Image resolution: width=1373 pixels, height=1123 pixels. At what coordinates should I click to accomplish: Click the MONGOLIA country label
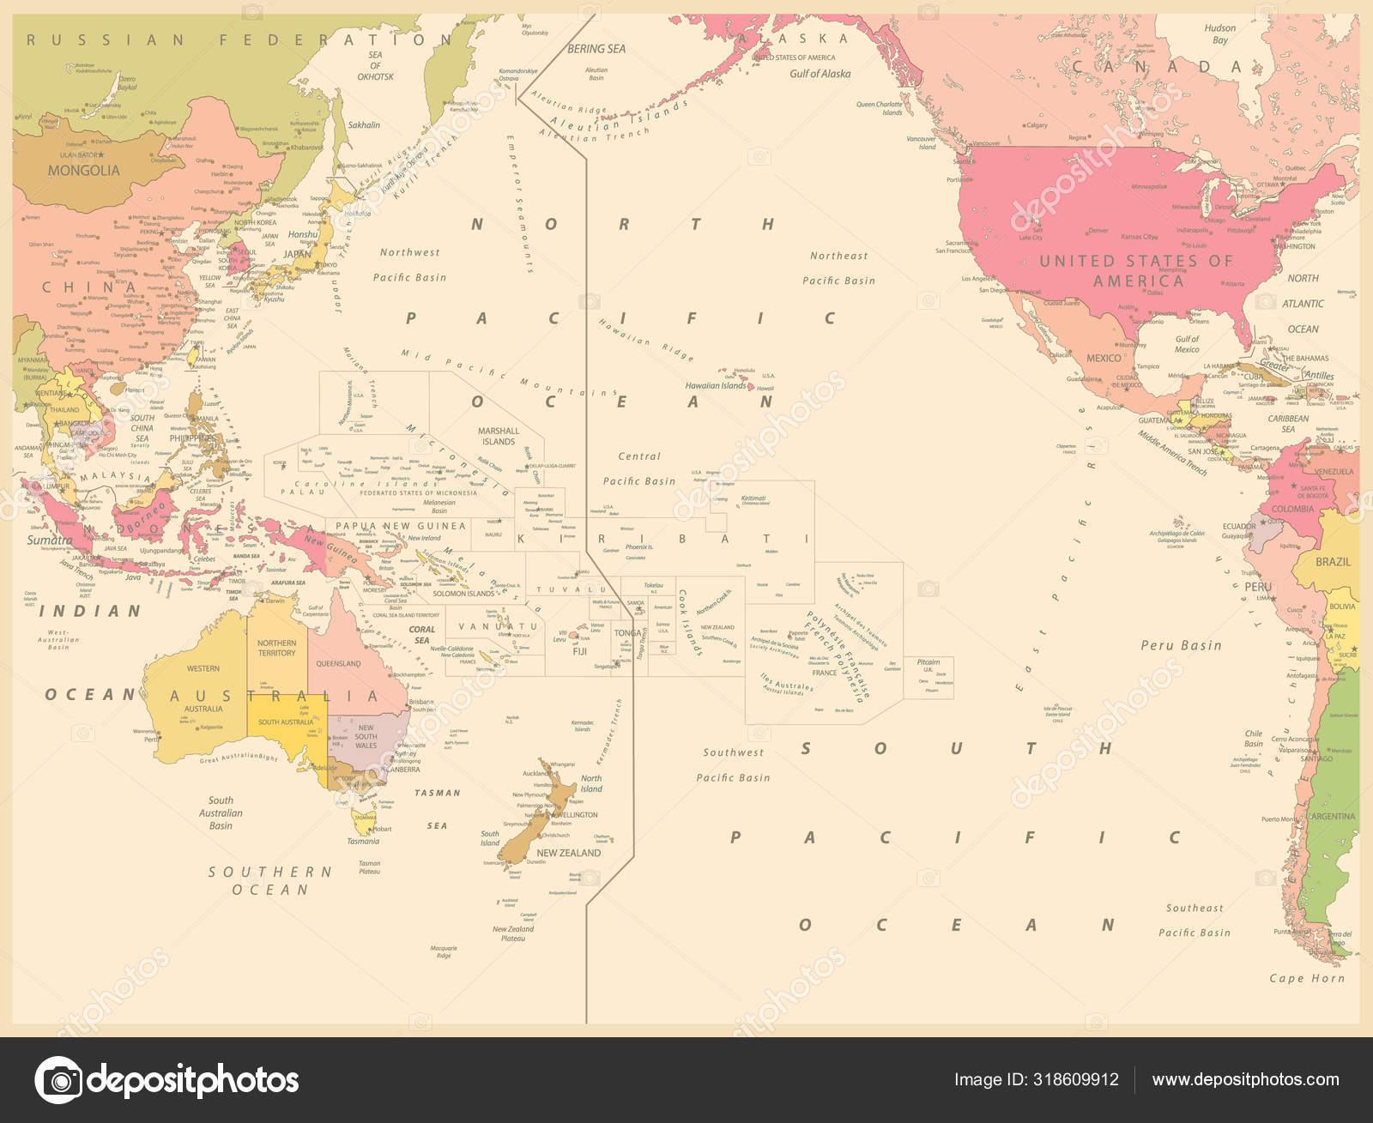[x=83, y=171]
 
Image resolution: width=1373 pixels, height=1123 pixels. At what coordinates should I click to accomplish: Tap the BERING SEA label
[x=596, y=49]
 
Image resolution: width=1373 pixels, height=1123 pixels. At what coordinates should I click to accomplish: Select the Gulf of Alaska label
[x=820, y=74]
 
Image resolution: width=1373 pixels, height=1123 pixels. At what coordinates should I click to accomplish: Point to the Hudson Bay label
[x=1219, y=34]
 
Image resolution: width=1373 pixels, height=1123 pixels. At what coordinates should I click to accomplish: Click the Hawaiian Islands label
[x=716, y=386]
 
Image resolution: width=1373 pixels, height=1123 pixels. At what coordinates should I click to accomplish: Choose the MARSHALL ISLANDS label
[x=499, y=436]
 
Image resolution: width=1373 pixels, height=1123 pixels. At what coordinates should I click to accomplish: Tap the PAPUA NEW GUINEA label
[x=401, y=526]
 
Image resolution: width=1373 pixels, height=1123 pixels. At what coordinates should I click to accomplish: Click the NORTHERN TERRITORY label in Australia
[x=276, y=648]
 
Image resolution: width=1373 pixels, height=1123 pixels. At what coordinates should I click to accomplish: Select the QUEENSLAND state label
[x=338, y=663]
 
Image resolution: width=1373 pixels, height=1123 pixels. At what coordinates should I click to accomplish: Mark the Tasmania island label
[x=363, y=842]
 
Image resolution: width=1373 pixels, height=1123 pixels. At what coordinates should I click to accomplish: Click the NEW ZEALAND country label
[x=569, y=853]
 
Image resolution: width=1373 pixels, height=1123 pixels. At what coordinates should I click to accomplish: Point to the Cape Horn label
[x=1307, y=978]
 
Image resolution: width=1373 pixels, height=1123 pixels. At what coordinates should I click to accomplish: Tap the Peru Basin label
[x=1181, y=645]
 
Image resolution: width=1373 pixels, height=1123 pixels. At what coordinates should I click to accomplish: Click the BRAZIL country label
[x=1333, y=562]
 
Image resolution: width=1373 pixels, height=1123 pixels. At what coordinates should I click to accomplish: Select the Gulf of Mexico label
[x=1187, y=344]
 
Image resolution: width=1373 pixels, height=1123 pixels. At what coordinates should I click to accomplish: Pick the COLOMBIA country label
[x=1292, y=509]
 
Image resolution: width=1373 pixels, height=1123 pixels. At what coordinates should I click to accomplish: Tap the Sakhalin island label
[x=363, y=125]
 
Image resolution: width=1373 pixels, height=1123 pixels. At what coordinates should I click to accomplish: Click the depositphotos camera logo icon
[x=58, y=1080]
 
